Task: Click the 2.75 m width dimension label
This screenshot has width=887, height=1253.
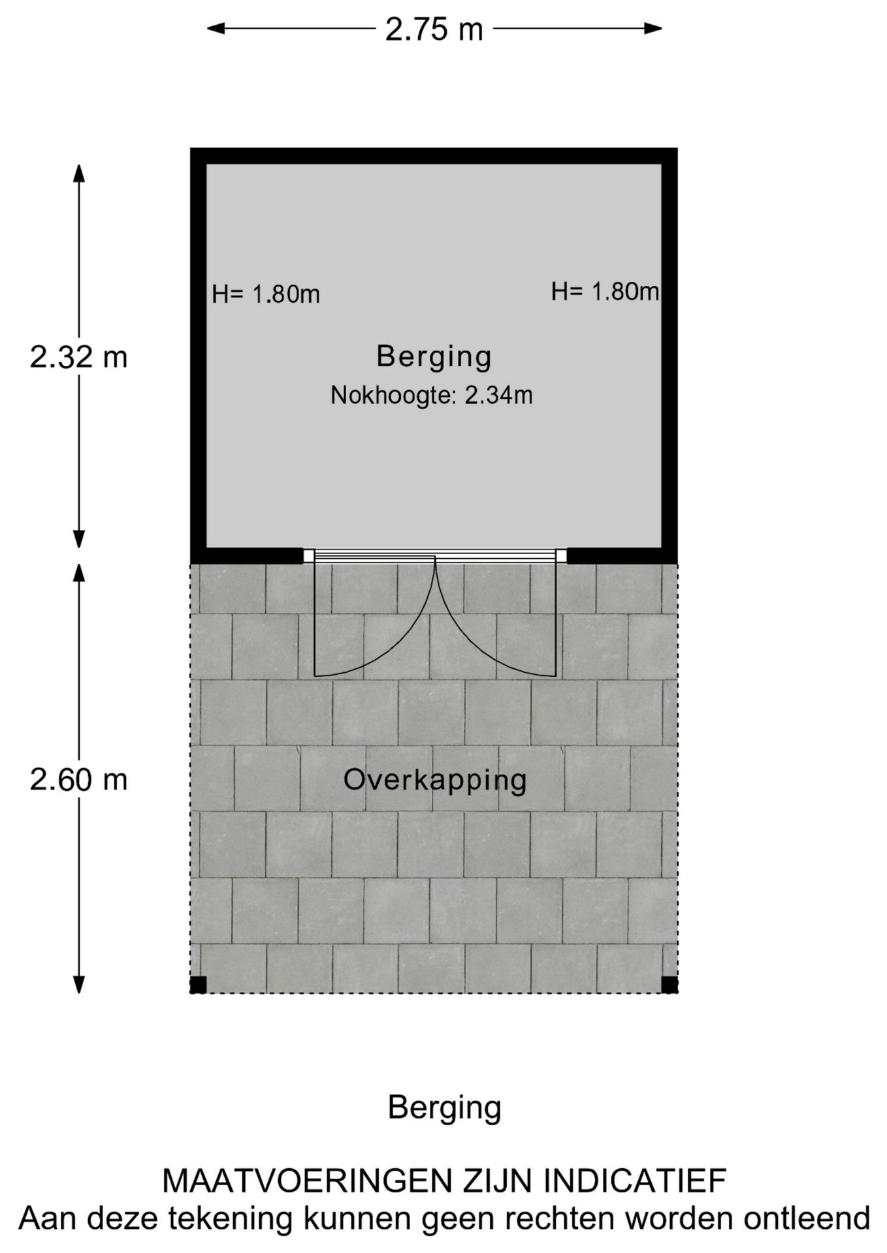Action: (434, 29)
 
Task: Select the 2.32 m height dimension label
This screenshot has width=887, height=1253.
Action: (78, 357)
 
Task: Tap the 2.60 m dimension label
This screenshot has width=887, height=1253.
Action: (78, 780)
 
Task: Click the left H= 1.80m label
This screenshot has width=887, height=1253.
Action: (266, 294)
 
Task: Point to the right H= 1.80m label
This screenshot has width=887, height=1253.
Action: (605, 291)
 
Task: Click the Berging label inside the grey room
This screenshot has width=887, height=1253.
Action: (434, 356)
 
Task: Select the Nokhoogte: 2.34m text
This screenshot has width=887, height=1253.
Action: (432, 395)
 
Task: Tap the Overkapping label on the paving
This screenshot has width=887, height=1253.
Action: (435, 780)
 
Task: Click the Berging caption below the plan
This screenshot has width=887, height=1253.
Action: (444, 1107)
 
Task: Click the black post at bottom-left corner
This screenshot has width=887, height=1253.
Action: (199, 985)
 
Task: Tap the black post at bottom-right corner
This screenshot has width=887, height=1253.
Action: (669, 985)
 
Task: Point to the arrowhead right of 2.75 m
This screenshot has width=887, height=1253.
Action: (653, 28)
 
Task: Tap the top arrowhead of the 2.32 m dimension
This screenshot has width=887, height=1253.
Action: (78, 174)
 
